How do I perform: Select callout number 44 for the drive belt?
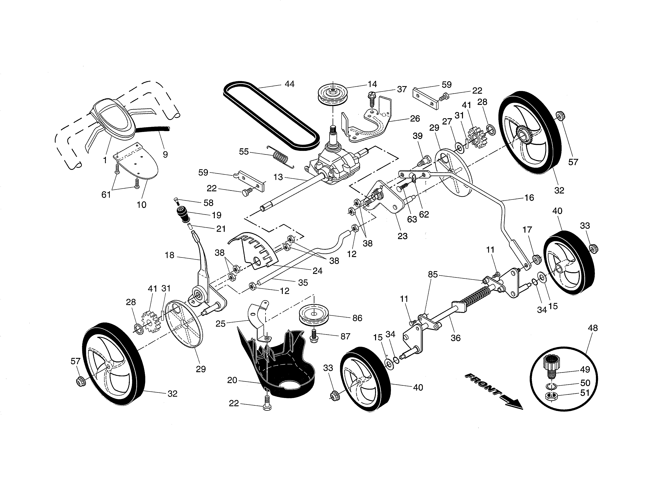289,84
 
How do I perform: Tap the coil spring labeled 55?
280,158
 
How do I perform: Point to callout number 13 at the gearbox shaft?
278,177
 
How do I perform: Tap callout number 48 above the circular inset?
593,328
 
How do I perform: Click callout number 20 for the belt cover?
232,380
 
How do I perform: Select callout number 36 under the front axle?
456,338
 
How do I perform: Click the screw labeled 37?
371,100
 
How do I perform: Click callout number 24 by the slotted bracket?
317,271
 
